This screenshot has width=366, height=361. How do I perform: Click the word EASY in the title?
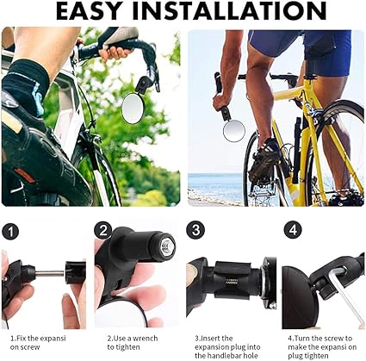(x=88, y=11)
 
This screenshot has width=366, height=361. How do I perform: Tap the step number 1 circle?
(x=10, y=232)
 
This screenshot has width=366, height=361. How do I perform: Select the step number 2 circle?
(x=103, y=230)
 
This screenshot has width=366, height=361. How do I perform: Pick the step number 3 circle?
(x=195, y=230)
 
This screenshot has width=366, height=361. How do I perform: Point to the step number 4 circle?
(x=293, y=230)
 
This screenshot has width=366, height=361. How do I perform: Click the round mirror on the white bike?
(x=133, y=109)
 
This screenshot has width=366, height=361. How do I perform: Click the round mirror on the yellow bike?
(x=234, y=131)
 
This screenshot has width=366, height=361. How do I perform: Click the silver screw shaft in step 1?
(x=50, y=273)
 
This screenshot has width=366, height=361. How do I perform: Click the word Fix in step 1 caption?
(x=22, y=339)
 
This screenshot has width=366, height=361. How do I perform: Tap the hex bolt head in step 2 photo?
(x=166, y=245)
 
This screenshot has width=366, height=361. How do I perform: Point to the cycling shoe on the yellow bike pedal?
(x=264, y=162)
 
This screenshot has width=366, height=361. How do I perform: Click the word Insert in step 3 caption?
(x=211, y=339)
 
